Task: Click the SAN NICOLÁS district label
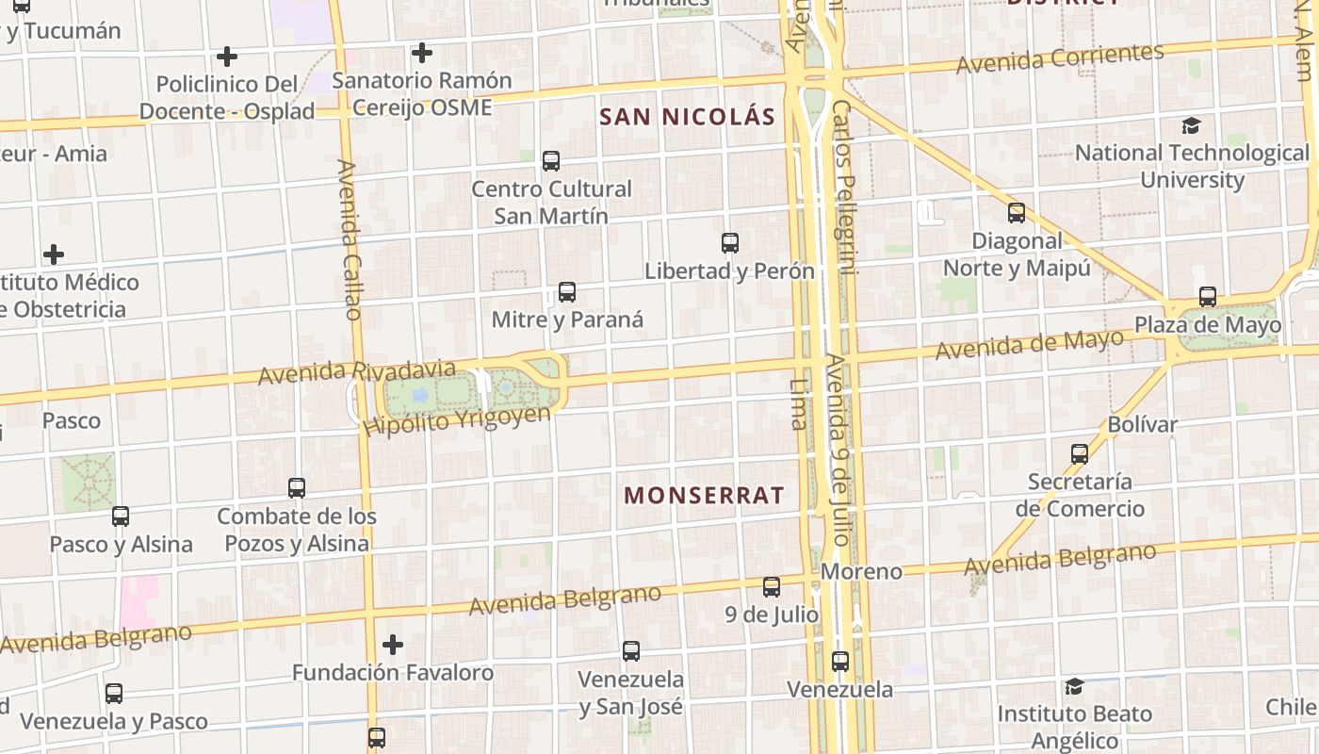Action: click(687, 117)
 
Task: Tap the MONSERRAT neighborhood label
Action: click(704, 495)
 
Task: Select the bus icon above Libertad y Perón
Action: click(730, 243)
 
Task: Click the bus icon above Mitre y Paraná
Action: click(567, 292)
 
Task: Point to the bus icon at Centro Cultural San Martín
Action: click(551, 161)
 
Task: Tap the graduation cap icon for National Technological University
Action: click(1192, 125)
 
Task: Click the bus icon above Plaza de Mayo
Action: click(1208, 298)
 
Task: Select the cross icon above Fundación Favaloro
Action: click(393, 645)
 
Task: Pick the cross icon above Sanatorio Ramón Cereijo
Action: click(422, 53)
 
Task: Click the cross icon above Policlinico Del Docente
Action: click(227, 57)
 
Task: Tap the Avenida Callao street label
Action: click(350, 239)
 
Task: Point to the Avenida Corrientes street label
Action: click(1060, 58)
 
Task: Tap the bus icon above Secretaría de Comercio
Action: click(1080, 454)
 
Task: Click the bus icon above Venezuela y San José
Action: click(631, 651)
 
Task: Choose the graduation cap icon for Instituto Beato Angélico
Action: click(1074, 686)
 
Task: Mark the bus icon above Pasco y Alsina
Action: click(121, 516)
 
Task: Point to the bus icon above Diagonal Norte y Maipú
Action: click(1017, 213)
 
